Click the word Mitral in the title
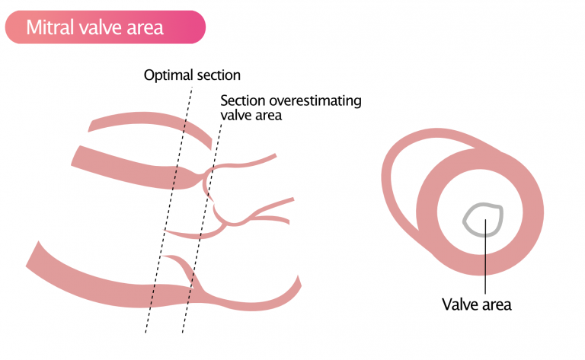click(50, 27)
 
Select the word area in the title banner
click(145, 27)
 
